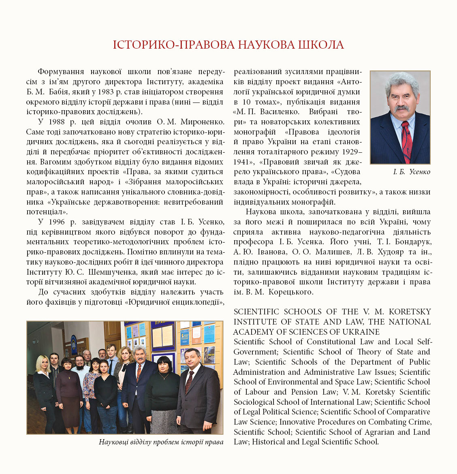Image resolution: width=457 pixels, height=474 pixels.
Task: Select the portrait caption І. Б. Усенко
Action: pyautogui.click(x=412, y=172)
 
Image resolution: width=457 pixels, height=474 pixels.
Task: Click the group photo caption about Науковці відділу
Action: pyautogui.click(x=161, y=442)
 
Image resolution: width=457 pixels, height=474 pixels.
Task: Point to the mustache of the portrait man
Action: pyautogui.click(x=401, y=109)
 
